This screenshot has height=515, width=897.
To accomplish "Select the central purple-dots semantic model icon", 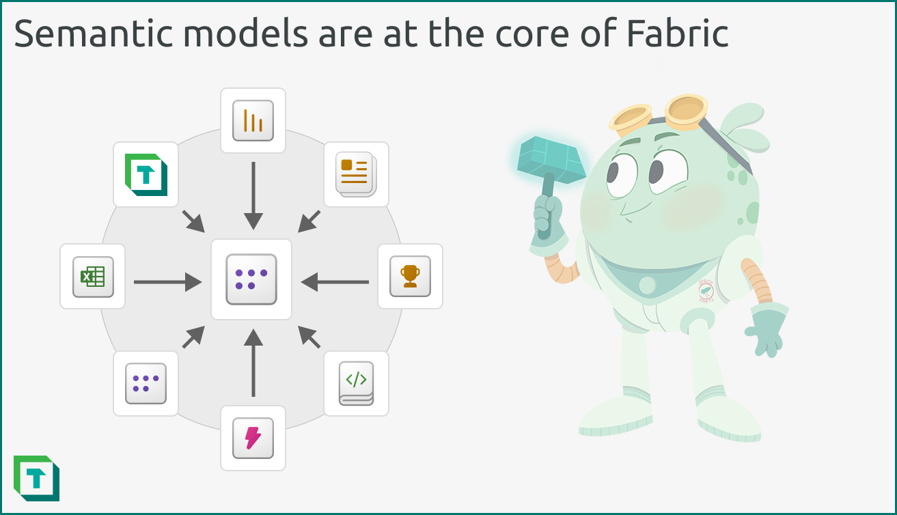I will tap(251, 279).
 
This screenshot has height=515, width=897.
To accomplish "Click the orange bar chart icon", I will tap(253, 121).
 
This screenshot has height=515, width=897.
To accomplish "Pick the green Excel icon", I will tap(93, 277).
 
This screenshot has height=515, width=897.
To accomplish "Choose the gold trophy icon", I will tap(410, 276).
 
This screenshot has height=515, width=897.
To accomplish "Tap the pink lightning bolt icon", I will tap(253, 438).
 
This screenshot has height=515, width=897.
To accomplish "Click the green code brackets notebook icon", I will tap(356, 383).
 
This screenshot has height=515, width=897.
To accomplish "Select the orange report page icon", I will tap(355, 173).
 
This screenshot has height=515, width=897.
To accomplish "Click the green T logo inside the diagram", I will tap(146, 175).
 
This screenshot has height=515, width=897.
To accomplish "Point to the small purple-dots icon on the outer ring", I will tap(146, 383).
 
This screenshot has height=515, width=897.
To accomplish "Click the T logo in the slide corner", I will tap(36, 478).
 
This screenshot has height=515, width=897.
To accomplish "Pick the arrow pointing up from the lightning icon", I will tap(253, 363).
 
